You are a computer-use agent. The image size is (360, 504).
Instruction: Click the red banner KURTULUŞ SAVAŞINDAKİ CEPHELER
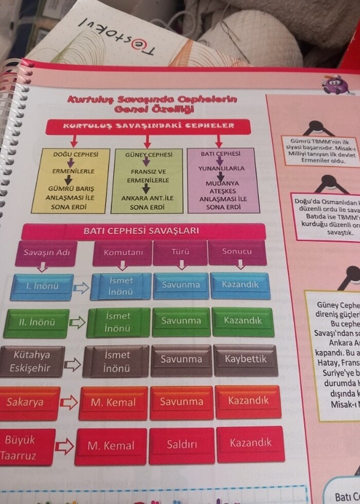coord(148,126)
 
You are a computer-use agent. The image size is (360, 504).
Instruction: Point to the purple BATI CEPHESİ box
coord(221,180)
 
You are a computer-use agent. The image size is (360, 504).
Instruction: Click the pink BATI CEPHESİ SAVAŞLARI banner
coord(141,231)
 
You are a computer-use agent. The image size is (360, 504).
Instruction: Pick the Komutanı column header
coord(123,253)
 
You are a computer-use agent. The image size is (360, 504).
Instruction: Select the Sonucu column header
coord(237,252)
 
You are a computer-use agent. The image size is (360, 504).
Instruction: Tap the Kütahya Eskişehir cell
coord(32,362)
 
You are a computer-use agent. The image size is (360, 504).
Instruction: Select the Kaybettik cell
coord(245,359)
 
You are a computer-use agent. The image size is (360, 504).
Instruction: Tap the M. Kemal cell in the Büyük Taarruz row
coord(111,446)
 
